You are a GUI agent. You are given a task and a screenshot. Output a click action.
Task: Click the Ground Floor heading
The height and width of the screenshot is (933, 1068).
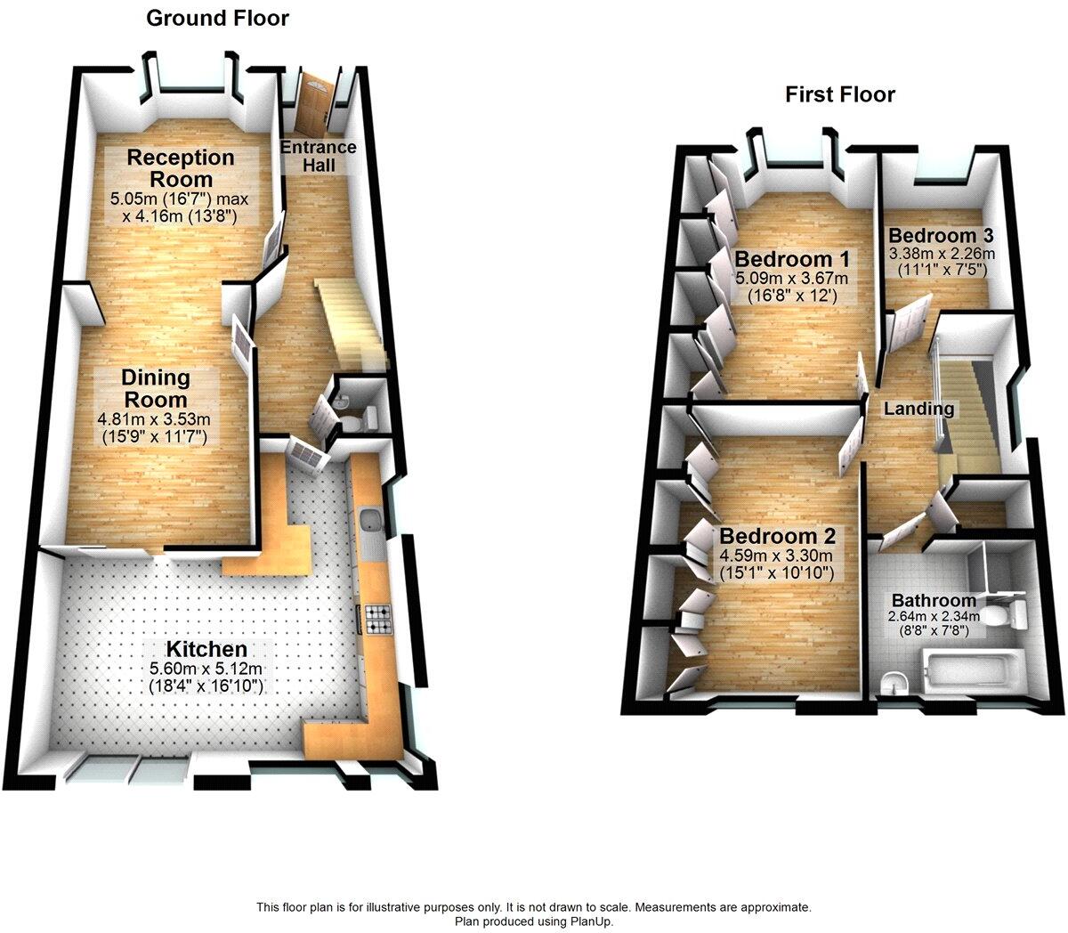[x=217, y=18]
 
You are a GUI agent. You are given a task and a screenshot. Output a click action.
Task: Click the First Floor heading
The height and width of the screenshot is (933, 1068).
[x=839, y=94]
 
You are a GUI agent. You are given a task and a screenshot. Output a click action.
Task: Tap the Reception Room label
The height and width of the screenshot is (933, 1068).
[x=181, y=168]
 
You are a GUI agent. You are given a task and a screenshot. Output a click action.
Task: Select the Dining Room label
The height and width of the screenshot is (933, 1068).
[x=156, y=388]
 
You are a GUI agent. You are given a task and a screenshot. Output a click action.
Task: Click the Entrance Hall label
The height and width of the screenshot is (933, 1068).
[x=318, y=156]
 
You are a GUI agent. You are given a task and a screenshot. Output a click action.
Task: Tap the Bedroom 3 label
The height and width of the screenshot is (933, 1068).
[x=941, y=236]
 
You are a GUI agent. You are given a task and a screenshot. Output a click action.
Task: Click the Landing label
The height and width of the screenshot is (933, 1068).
[x=918, y=410]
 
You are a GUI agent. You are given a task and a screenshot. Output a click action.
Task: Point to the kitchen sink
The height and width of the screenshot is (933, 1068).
[x=371, y=523]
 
